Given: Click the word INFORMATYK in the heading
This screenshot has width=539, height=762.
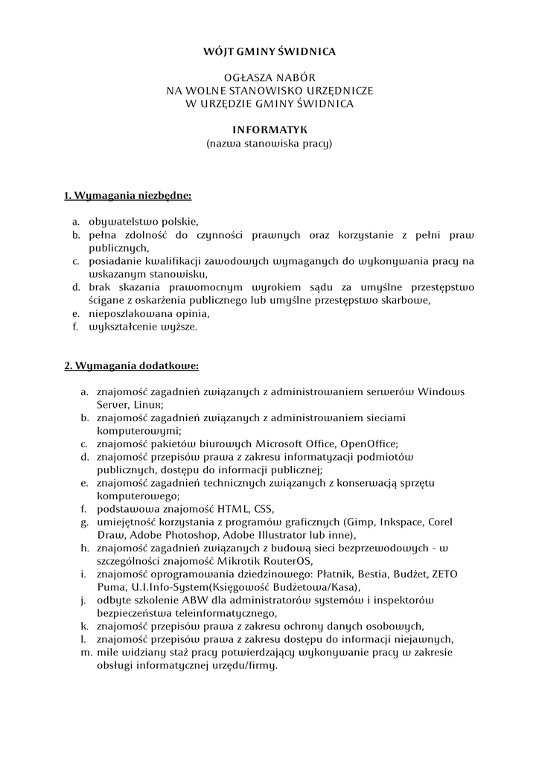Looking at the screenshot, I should [269, 130].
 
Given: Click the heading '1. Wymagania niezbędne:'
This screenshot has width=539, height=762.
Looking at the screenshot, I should [127, 196].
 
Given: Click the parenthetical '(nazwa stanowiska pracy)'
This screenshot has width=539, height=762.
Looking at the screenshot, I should [269, 143].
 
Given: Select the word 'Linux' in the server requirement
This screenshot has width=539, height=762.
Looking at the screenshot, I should [149, 404].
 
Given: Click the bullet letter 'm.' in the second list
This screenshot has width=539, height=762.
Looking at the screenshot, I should [84, 652].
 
